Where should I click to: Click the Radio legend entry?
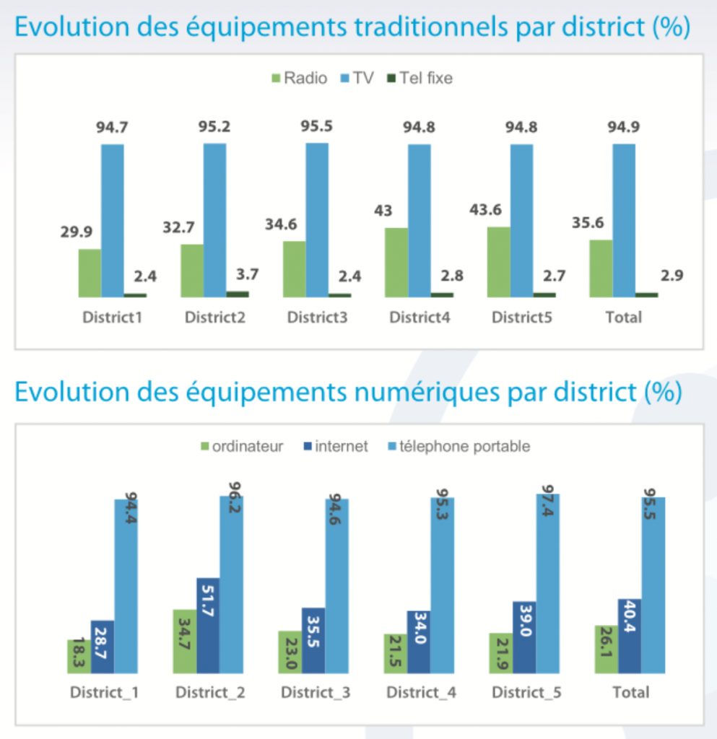tap(298, 78)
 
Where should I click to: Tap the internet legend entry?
tap(334, 447)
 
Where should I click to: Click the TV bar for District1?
tap(113, 220)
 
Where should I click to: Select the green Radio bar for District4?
tap(396, 262)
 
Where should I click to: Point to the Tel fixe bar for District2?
tap(237, 294)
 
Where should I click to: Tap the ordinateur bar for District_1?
tap(79, 657)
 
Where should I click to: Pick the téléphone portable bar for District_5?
tap(547, 585)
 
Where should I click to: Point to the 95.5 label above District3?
tap(317, 126)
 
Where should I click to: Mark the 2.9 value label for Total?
tap(672, 275)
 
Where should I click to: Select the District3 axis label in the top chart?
tap(317, 318)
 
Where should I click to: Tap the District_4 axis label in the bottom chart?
tap(421, 693)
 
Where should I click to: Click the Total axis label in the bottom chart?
tap(630, 693)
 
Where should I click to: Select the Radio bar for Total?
tap(601, 268)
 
